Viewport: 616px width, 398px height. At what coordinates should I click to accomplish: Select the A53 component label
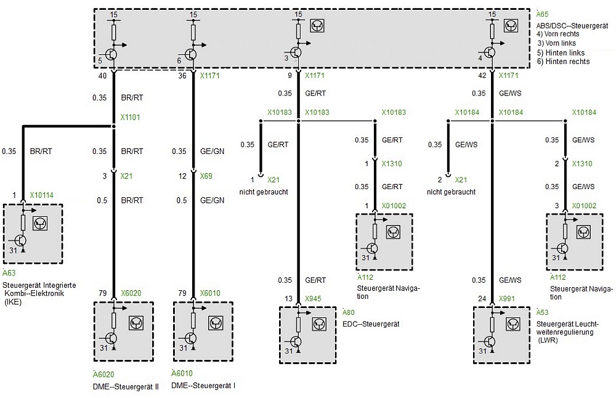(543, 312)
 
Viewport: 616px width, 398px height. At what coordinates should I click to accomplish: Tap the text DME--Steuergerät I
(203, 385)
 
